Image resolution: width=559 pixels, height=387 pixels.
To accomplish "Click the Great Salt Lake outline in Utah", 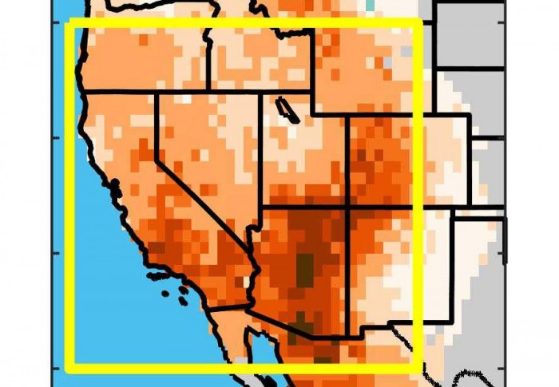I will pyautogui.click(x=288, y=111).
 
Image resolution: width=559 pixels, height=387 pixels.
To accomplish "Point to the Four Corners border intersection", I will pyautogui.click(x=347, y=207).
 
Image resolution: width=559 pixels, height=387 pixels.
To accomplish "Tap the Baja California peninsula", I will pyautogui.click(x=232, y=335).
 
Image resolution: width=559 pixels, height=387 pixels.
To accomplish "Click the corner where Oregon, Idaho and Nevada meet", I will pyautogui.click(x=210, y=92).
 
